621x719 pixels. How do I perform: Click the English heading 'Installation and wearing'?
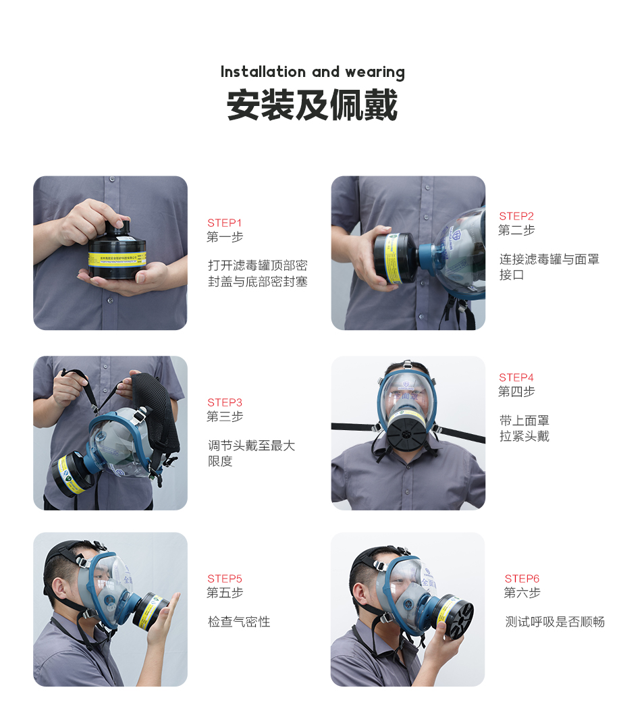pyautogui.click(x=313, y=72)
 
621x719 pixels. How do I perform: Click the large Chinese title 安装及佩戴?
pyautogui.click(x=312, y=105)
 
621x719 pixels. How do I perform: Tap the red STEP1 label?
pyautogui.click(x=224, y=223)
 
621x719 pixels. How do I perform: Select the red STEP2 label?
pyautogui.click(x=516, y=216)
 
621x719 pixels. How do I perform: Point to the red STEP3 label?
pyautogui.click(x=225, y=402)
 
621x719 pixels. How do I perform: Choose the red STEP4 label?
pyautogui.click(x=516, y=377)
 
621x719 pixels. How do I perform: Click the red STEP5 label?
pyautogui.click(x=225, y=578)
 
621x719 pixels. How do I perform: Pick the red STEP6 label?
pyautogui.click(x=522, y=578)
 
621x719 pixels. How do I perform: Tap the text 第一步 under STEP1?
pyautogui.click(x=225, y=237)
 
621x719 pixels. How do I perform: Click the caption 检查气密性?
pyautogui.click(x=239, y=622)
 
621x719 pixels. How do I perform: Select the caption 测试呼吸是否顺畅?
pyautogui.click(x=555, y=622)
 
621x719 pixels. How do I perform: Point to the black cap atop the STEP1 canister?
pyautogui.click(x=117, y=228)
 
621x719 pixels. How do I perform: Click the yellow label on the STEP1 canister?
pyautogui.click(x=117, y=259)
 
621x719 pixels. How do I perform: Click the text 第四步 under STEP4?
pyautogui.click(x=516, y=392)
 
